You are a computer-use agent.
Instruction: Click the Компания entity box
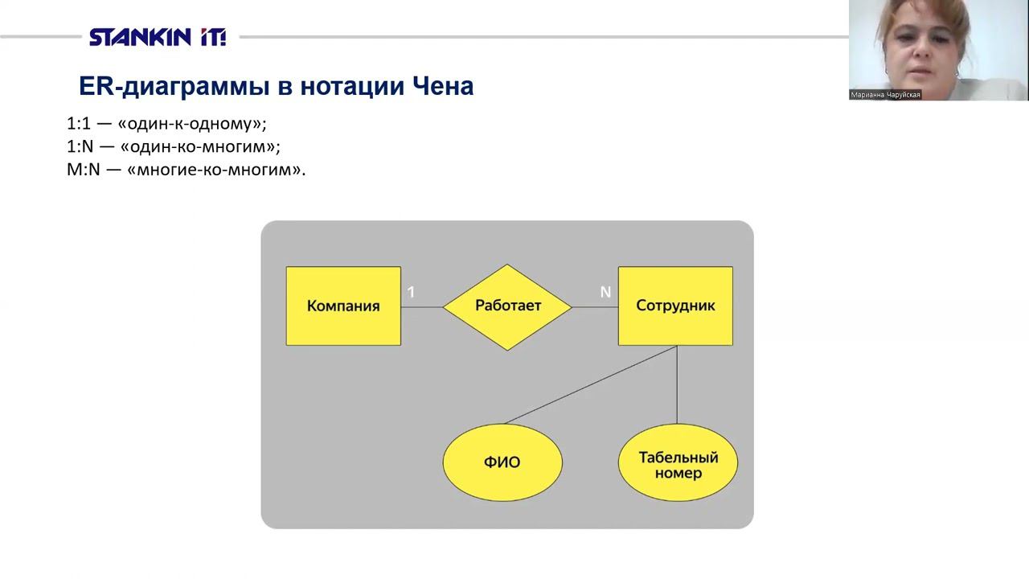coord(343,306)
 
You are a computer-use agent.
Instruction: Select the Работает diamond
coord(507,307)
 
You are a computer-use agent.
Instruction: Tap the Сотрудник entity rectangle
coord(675,306)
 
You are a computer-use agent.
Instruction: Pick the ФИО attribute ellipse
coord(502,462)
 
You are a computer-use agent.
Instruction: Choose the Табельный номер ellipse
coord(678,462)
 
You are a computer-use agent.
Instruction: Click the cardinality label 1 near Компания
coord(411,292)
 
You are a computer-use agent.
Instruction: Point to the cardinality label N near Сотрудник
coord(605,292)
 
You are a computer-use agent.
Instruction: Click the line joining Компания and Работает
coord(422,307)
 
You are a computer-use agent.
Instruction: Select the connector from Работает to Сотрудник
coord(595,307)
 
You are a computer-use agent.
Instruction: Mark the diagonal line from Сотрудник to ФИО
coord(591,384)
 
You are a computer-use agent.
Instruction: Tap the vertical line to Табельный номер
coord(677,384)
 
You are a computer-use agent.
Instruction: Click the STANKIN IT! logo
coord(158,37)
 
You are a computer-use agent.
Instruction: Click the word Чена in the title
coord(443,86)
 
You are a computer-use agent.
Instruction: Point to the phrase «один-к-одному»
coord(192,124)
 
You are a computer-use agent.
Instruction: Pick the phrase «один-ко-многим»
coord(200,146)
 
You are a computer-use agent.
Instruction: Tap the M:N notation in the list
coord(83,170)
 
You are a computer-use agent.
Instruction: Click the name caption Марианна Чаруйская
coord(885,95)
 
